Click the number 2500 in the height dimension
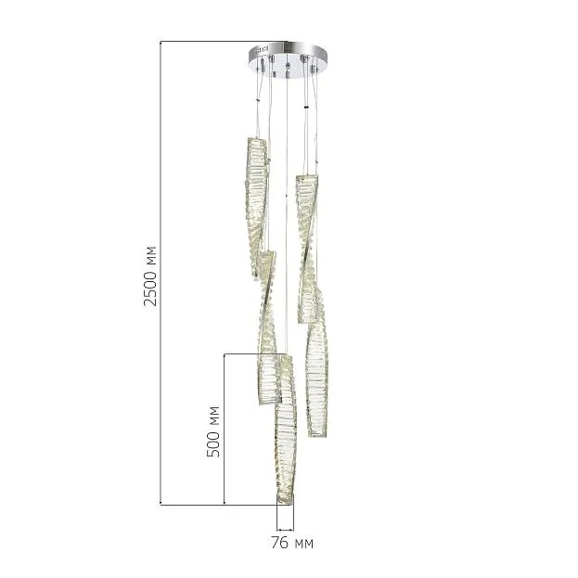[x=150, y=289]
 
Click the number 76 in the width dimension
[x=280, y=543]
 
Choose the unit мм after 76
[x=304, y=544]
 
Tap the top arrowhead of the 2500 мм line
[x=161, y=43]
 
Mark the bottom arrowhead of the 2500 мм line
[x=161, y=503]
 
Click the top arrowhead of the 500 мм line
[x=225, y=355]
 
